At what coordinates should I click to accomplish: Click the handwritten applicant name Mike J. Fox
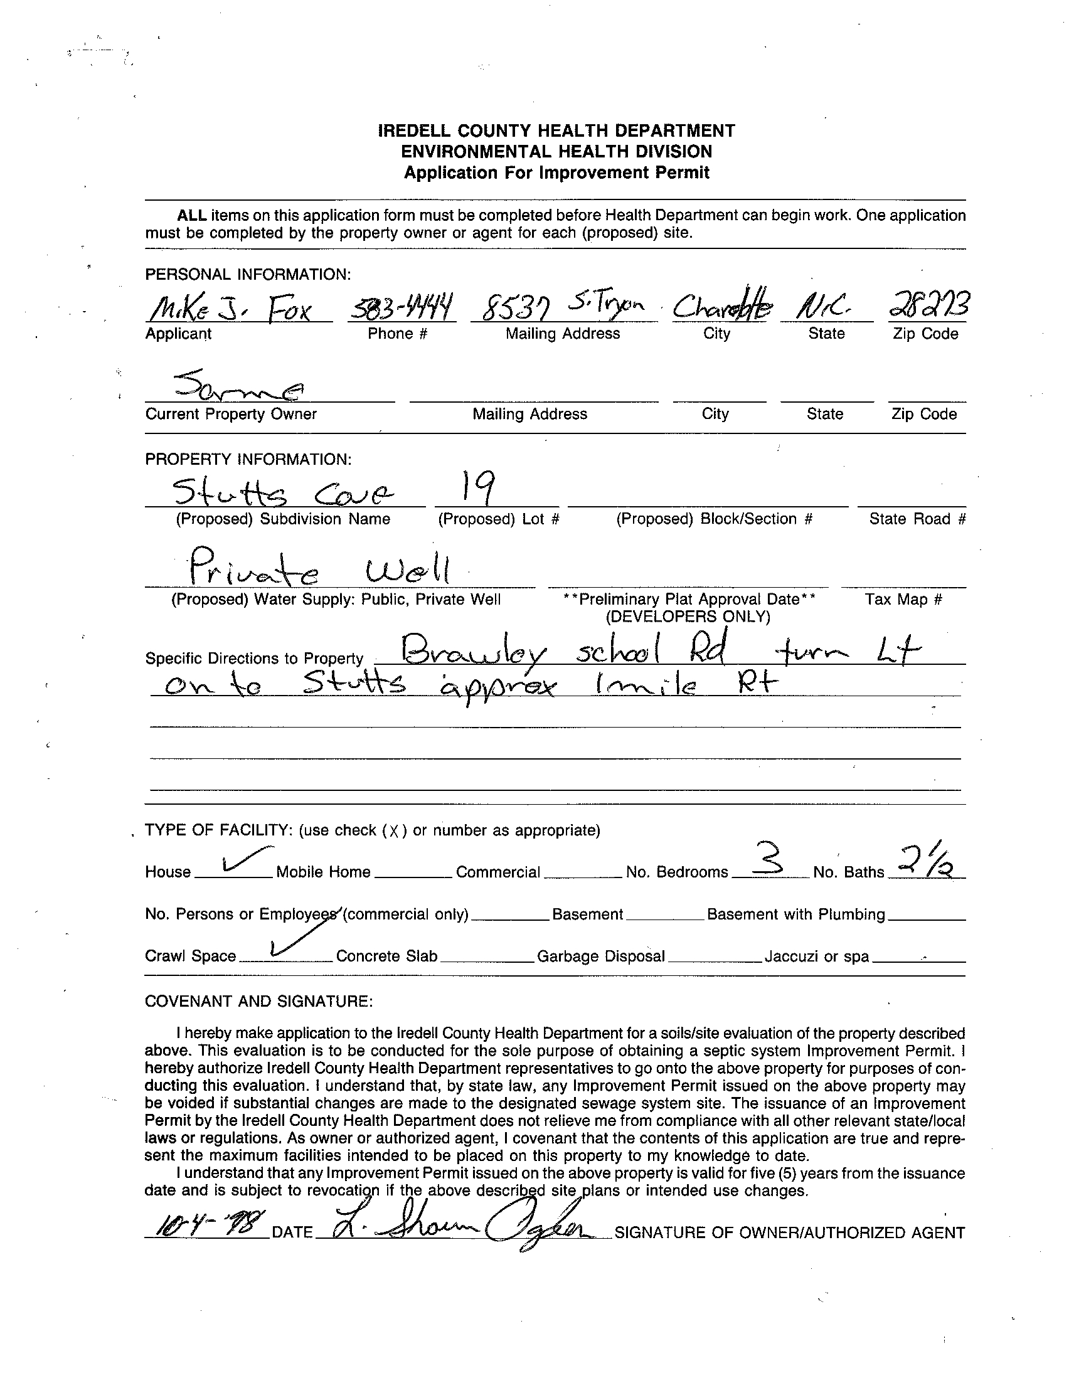(x=230, y=310)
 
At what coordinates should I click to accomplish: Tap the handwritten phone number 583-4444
(x=402, y=307)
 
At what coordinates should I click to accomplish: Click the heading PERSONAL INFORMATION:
(x=248, y=275)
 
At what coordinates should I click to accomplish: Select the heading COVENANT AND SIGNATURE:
(x=258, y=1001)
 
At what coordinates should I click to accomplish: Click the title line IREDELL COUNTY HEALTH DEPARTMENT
(x=556, y=130)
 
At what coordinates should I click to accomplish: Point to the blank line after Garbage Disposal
(x=715, y=960)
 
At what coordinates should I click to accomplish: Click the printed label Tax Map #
(x=903, y=600)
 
